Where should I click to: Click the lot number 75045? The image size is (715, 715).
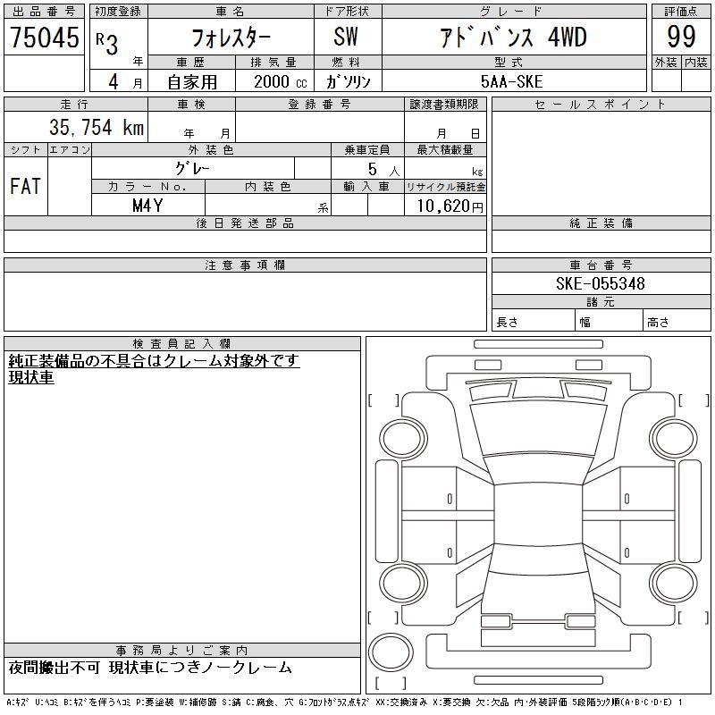coord(45,38)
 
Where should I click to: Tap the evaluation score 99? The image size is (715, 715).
coord(681,37)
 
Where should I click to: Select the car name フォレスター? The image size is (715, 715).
coord(231,38)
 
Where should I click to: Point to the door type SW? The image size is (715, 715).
coord(346,37)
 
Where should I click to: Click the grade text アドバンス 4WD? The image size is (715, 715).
coord(513,38)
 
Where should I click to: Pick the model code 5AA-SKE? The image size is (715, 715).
coord(511,81)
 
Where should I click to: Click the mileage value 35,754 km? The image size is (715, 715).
coord(97,127)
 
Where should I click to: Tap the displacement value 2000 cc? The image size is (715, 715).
coord(280,82)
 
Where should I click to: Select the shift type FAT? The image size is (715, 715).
coord(26,186)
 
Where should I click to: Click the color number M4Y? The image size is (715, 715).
coord(147,206)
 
